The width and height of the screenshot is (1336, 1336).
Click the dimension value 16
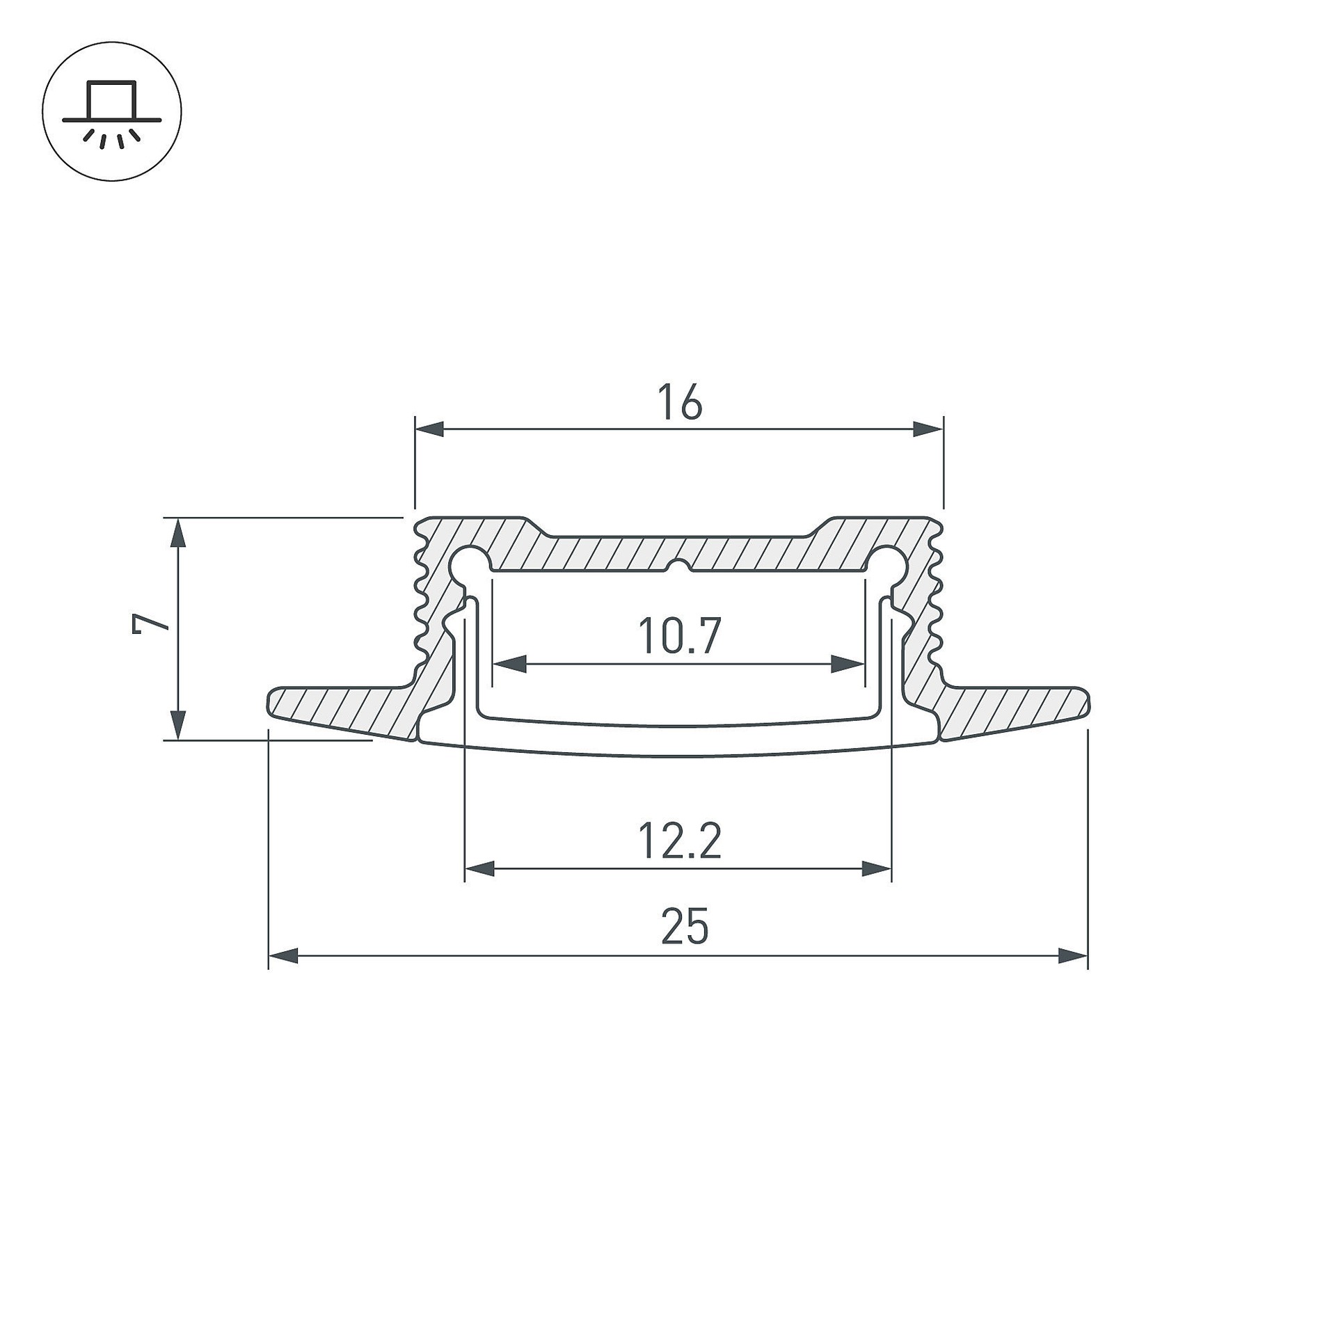[681, 403]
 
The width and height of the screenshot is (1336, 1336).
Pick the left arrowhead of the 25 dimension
[283, 956]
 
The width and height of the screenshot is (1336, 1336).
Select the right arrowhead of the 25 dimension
[1072, 956]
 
